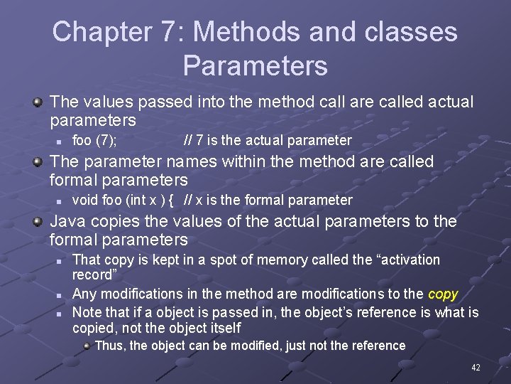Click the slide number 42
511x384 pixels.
coord(476,368)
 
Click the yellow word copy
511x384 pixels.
coord(443,294)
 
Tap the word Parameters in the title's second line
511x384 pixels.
coord(255,65)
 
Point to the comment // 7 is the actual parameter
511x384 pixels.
coord(268,140)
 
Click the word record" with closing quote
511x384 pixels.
coord(95,274)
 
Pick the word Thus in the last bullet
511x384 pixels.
coord(109,346)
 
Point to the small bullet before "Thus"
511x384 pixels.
coord(86,346)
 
